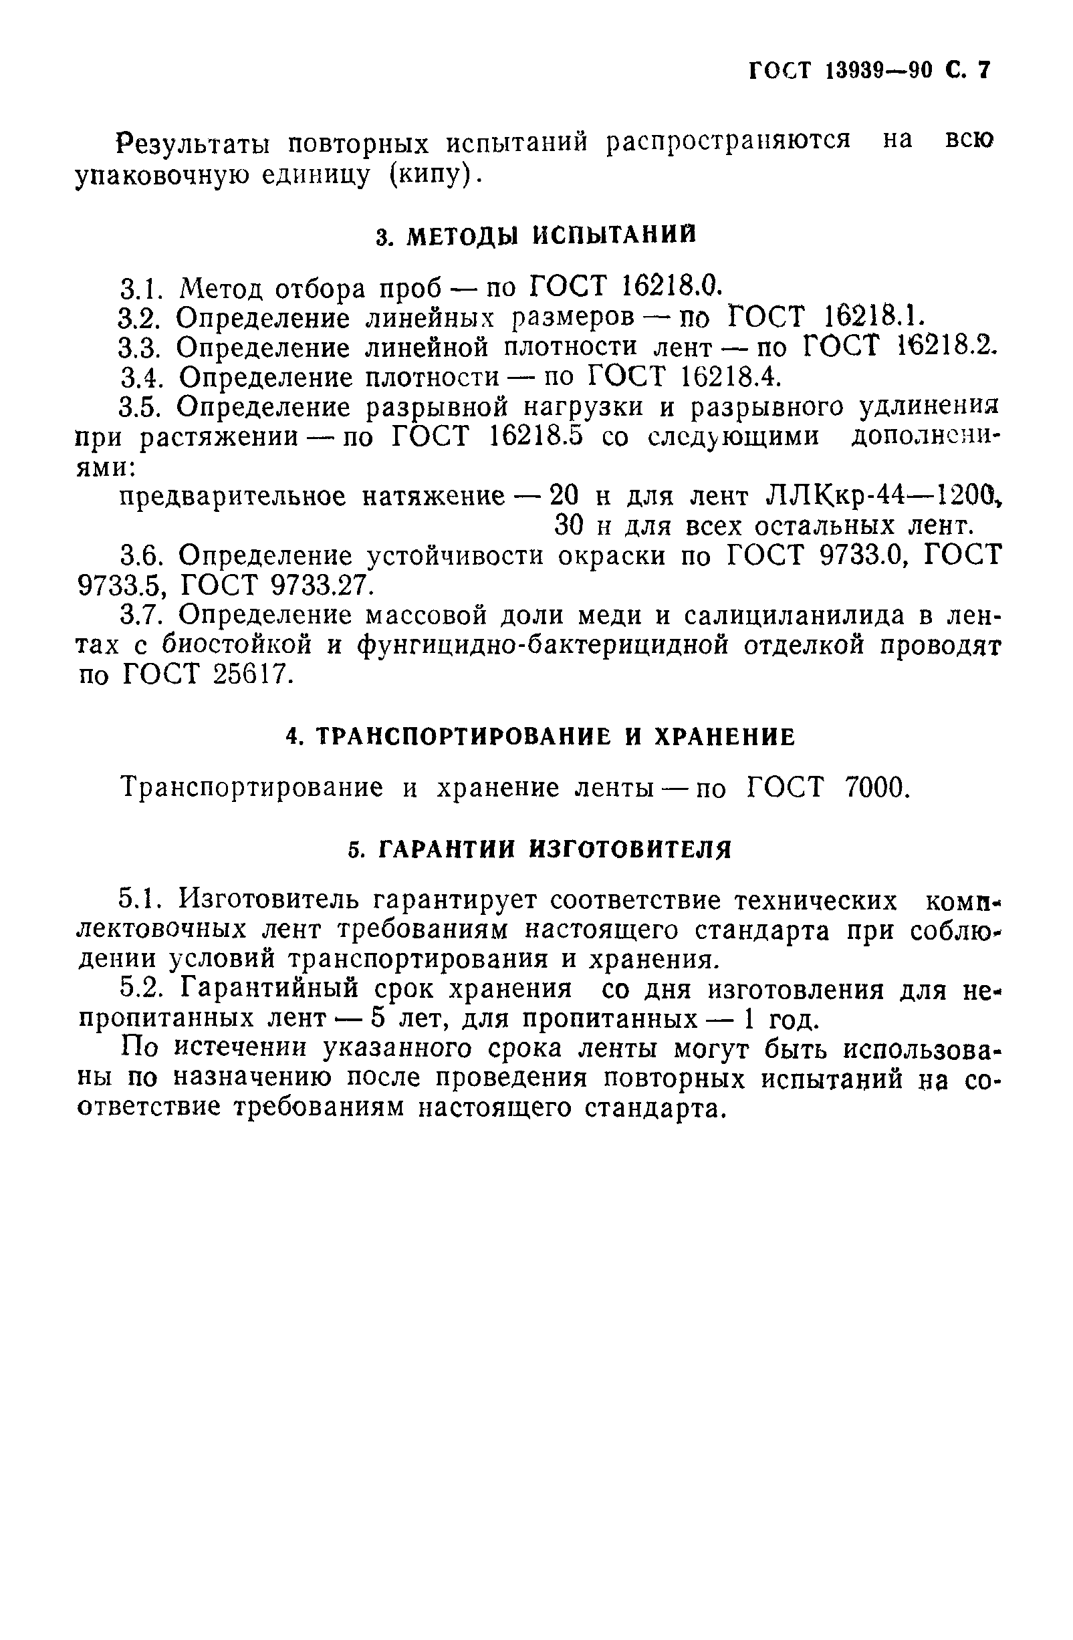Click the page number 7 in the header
click(x=983, y=71)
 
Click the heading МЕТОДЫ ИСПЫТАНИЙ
click(x=551, y=236)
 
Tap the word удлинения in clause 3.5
click(x=930, y=407)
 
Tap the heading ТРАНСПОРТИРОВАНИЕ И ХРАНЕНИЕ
click(x=540, y=737)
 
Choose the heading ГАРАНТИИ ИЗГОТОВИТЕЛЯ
click(x=539, y=849)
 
